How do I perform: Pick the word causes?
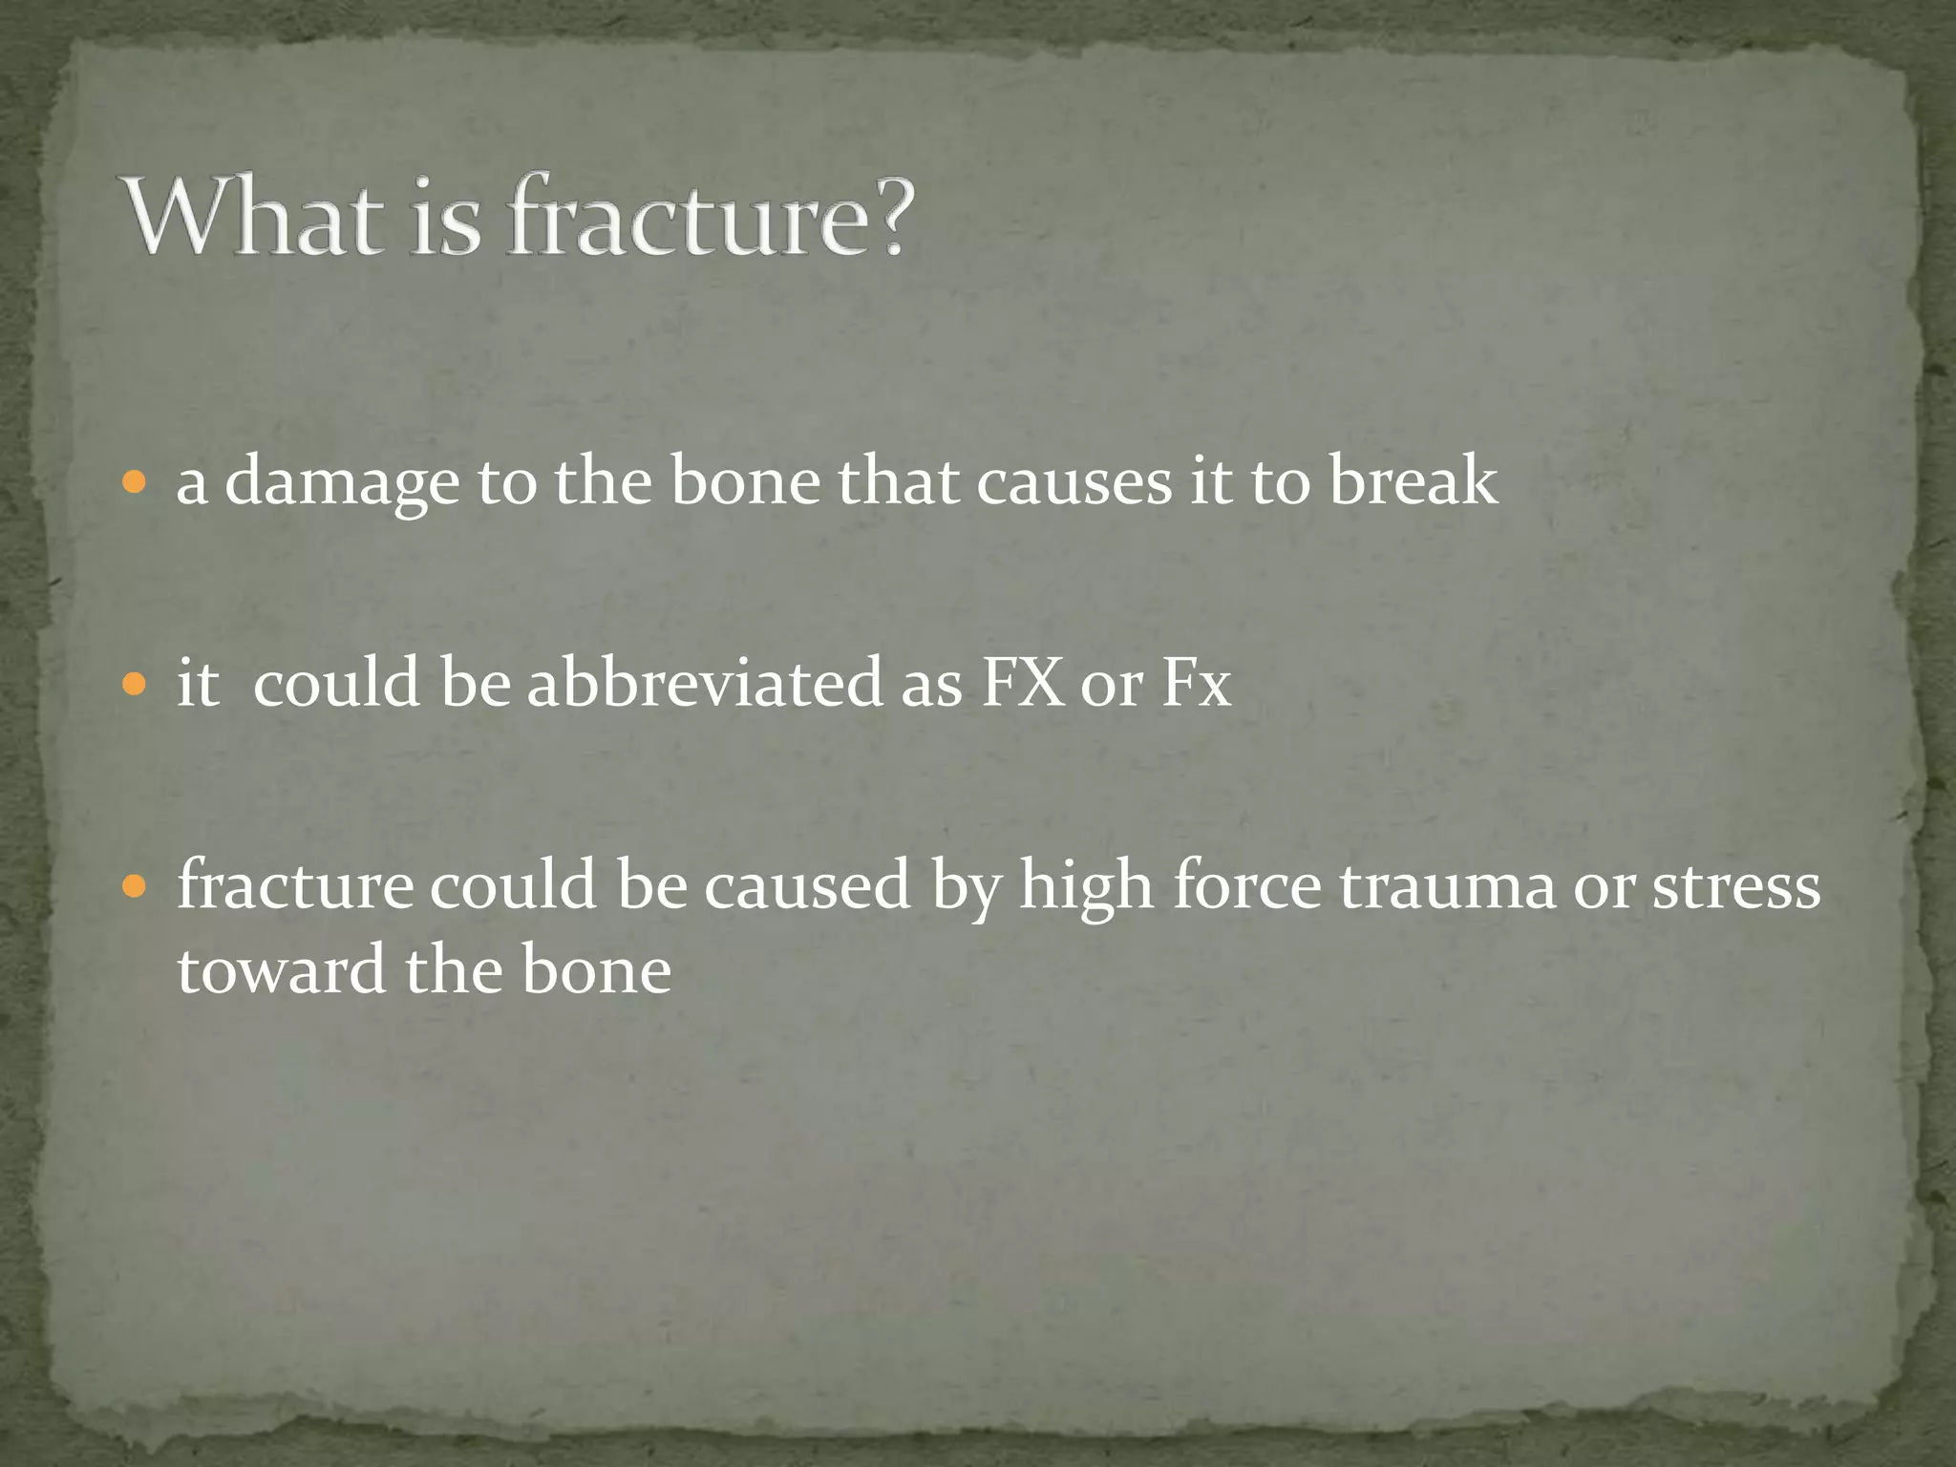(x=1074, y=480)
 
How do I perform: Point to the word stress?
(x=1736, y=885)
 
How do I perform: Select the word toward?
(x=283, y=969)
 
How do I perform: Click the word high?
(x=1087, y=885)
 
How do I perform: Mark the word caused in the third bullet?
(x=807, y=885)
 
